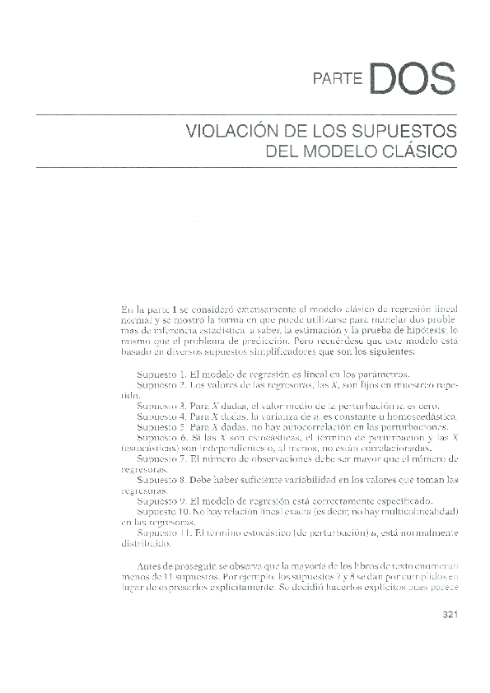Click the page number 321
450,613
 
